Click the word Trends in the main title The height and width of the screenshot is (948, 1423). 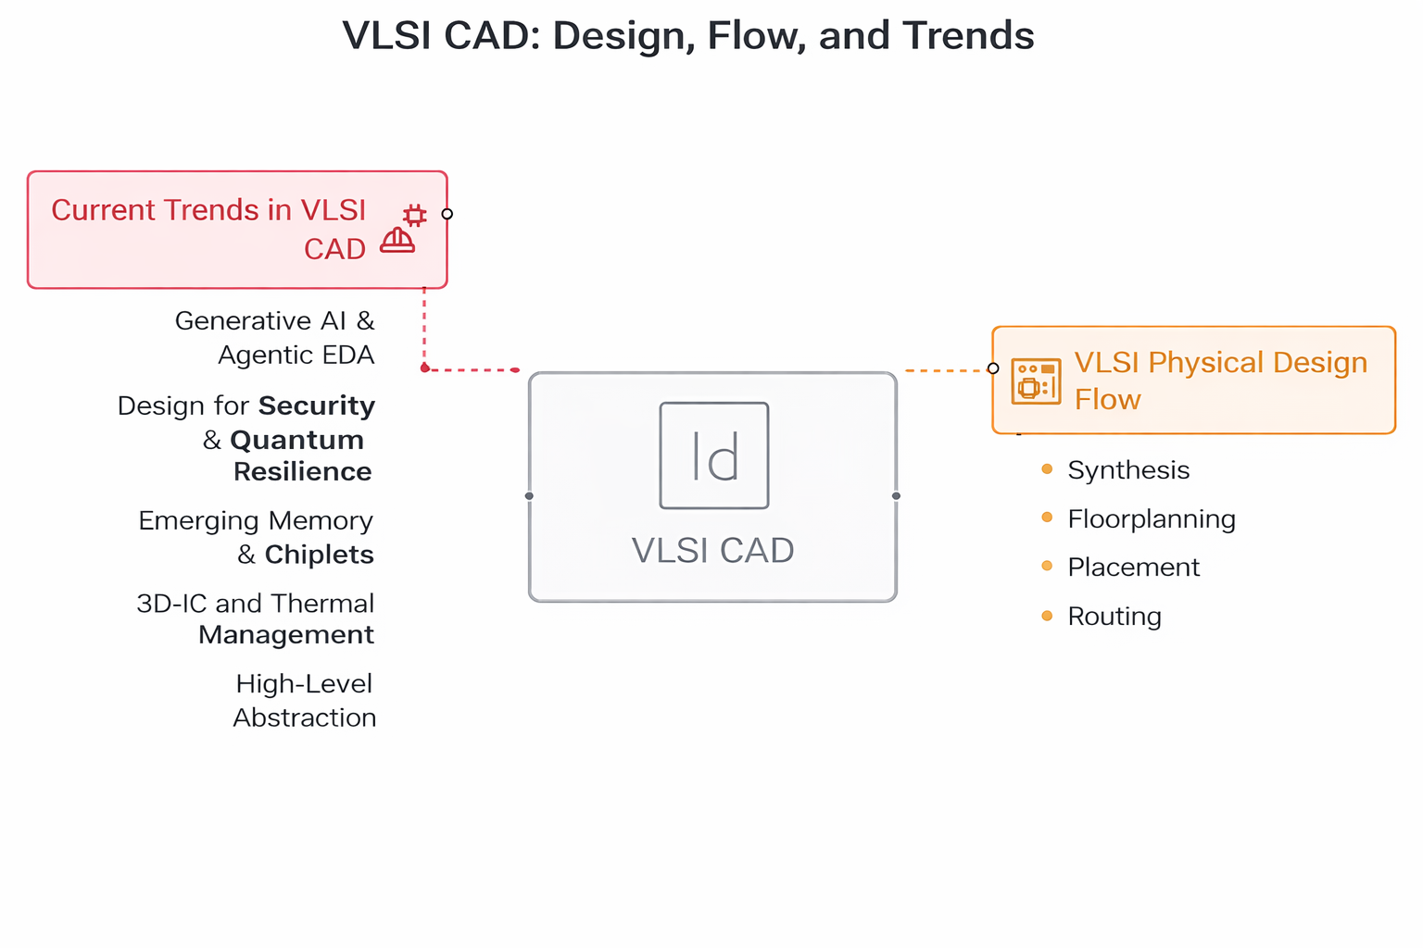click(x=968, y=36)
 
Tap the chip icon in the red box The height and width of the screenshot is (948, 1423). click(x=415, y=216)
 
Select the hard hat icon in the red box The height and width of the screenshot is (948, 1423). click(x=397, y=241)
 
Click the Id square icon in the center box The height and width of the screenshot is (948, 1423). click(x=713, y=455)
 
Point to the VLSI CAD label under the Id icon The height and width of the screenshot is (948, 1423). click(x=712, y=551)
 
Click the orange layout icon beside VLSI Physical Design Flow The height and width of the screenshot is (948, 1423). click(x=1036, y=380)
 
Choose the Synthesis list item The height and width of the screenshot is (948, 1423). click(x=1128, y=470)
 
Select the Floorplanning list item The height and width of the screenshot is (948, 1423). click(x=1152, y=519)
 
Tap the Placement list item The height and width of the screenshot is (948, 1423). click(x=1133, y=568)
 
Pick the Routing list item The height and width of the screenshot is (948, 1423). click(x=1114, y=617)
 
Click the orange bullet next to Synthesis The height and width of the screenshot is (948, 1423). click(x=1047, y=468)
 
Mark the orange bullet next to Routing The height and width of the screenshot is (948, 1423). click(x=1047, y=616)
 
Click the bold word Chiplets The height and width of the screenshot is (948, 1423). click(x=319, y=555)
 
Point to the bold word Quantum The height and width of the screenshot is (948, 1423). click(x=296, y=440)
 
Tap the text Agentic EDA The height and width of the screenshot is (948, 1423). click(x=296, y=355)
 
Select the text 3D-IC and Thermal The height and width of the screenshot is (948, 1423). click(x=255, y=604)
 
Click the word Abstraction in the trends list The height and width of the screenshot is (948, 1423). click(x=304, y=718)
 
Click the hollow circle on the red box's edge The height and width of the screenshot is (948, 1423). click(x=447, y=214)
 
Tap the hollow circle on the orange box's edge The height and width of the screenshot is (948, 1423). click(x=993, y=368)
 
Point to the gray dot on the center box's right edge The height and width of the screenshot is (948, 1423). click(x=896, y=496)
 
